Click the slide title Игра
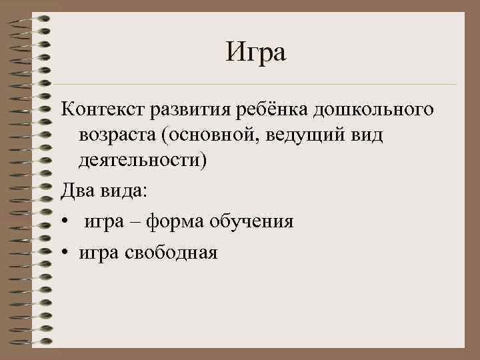255,52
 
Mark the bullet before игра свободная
64,253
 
